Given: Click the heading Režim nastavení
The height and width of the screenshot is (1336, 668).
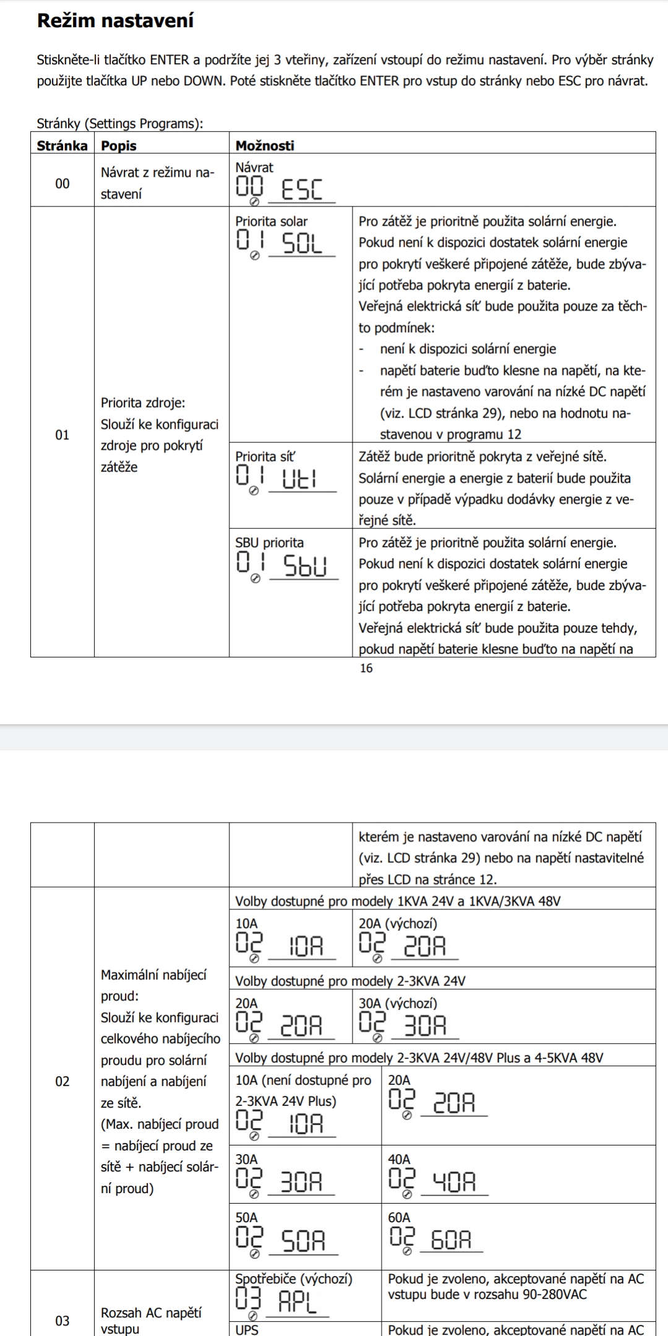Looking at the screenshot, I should (x=115, y=21).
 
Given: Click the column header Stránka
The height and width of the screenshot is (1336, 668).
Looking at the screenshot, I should (x=62, y=146).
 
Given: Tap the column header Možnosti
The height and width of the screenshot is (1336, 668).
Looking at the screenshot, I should (x=265, y=146).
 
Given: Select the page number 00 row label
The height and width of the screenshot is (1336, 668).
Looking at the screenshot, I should (x=62, y=183).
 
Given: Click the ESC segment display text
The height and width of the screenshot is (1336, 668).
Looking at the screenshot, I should (x=302, y=189).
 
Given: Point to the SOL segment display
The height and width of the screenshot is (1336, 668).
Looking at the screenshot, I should (x=302, y=244).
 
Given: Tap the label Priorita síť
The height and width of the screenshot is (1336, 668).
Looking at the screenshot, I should (x=265, y=456).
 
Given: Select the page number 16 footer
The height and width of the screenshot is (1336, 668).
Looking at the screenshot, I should (x=366, y=668).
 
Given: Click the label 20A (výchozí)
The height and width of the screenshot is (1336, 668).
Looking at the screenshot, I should (x=398, y=923).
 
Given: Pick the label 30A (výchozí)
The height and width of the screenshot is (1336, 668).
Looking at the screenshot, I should (x=398, y=1003).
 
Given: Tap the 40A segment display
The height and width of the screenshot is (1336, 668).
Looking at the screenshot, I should (x=454, y=1182).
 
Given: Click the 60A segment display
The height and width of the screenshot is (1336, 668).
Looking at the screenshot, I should (x=451, y=1240).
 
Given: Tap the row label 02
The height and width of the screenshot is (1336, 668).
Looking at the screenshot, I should (x=62, y=1081).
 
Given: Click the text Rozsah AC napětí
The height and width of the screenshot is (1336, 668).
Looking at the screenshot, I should (x=151, y=1312).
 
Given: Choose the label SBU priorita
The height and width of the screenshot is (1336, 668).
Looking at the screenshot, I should (x=269, y=542).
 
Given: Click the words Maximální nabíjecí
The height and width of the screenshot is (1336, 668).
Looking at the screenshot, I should (x=153, y=975).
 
